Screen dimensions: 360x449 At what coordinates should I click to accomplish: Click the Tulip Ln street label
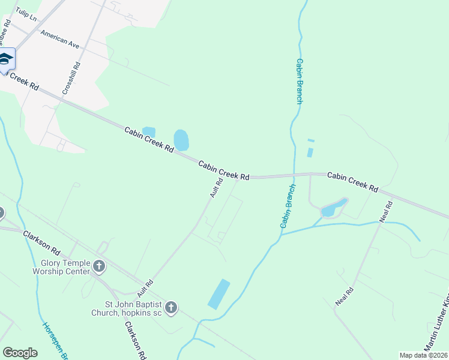point(26,14)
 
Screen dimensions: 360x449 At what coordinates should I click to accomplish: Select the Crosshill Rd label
point(71,79)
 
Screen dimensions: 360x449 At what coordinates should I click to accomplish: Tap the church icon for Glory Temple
point(100,266)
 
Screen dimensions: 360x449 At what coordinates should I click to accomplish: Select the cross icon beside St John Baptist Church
point(171,308)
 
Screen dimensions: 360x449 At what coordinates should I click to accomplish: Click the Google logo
point(20,352)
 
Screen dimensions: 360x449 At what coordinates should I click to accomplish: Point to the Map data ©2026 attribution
point(423,355)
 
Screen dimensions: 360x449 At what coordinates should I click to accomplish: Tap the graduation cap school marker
point(6,59)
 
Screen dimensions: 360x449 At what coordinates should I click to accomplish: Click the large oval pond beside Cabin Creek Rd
point(181,140)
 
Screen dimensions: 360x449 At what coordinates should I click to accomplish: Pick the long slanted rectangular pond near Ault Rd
point(219,294)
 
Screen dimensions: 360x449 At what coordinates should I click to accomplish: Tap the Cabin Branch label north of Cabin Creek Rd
point(300,81)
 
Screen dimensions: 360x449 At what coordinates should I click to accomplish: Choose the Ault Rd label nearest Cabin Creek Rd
point(216,188)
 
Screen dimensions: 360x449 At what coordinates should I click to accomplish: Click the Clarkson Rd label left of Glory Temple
point(42,242)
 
